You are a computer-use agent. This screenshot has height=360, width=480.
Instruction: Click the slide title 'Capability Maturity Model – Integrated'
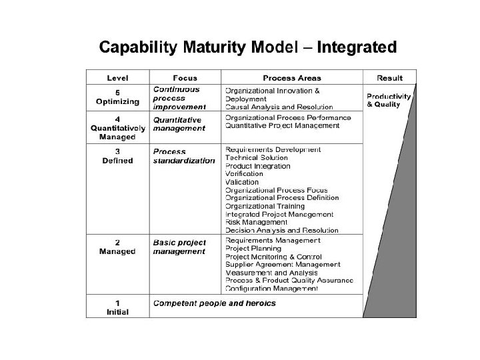coord(247,48)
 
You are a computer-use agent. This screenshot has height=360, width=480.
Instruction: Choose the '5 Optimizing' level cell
coord(117,97)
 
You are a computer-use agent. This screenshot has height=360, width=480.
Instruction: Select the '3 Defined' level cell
coord(117,156)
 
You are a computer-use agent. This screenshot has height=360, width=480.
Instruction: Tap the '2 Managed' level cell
coord(117,247)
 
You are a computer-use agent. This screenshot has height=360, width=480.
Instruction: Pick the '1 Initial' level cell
coord(117,307)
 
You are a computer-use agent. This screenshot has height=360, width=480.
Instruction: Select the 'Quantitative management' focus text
coord(179,124)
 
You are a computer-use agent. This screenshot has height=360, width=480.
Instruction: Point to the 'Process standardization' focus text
coord(184,156)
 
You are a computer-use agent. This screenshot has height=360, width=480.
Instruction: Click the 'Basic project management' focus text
coord(179,247)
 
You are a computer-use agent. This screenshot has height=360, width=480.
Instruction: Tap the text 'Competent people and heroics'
coord(214,303)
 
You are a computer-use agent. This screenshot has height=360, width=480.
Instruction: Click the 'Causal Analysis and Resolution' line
coord(279,107)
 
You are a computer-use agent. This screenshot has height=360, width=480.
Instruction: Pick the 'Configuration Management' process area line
coord(271,289)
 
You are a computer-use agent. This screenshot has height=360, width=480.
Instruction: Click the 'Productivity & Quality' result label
coord(388,100)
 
